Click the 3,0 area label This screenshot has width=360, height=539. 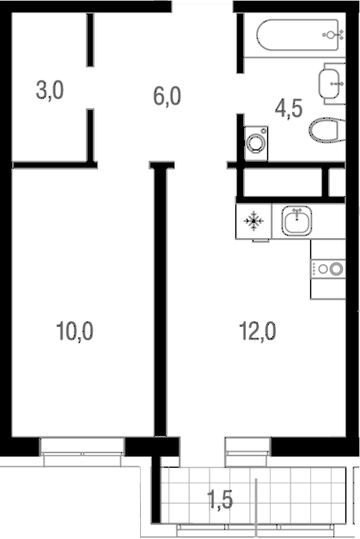[x=50, y=91]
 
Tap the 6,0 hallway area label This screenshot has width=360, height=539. [x=167, y=96]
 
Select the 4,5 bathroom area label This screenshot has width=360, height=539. [x=289, y=108]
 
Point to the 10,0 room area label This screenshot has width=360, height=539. [x=75, y=331]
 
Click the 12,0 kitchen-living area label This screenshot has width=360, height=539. [x=258, y=331]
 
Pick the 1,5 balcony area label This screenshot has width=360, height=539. [x=220, y=499]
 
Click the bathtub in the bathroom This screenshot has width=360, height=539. [x=297, y=34]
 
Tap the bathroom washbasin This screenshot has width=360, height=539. [x=330, y=83]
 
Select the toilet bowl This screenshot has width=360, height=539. [x=326, y=130]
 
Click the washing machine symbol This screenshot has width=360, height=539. [x=256, y=143]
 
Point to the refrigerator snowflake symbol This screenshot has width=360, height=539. [x=253, y=221]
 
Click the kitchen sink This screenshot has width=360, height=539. [x=296, y=221]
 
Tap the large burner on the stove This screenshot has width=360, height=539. [x=336, y=268]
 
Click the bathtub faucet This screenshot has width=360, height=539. [x=333, y=34]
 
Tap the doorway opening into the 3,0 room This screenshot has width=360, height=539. [x=90, y=88]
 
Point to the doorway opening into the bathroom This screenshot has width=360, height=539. [x=240, y=94]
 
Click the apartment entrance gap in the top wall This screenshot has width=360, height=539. [x=202, y=7]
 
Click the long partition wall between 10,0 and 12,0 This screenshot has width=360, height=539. [x=160, y=300]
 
